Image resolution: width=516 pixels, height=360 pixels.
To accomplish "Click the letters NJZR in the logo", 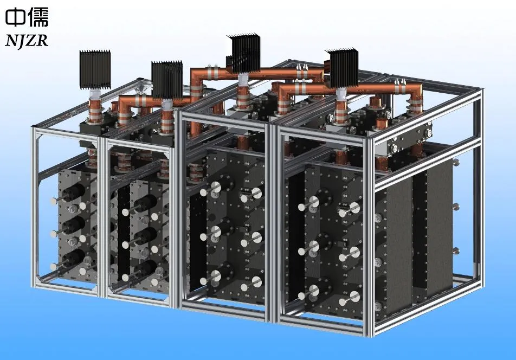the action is click(x=27, y=41).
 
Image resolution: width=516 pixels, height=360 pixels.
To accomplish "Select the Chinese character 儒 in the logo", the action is click(x=38, y=17).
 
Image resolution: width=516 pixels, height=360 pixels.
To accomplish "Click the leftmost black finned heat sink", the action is click(x=95, y=69).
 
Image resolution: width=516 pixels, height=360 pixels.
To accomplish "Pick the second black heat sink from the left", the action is click(x=167, y=80).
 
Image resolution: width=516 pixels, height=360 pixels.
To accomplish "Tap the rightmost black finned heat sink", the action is click(x=344, y=68).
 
